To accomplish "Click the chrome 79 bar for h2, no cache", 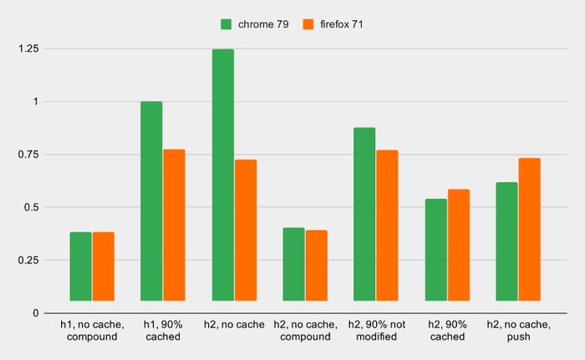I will pyautogui.click(x=223, y=175).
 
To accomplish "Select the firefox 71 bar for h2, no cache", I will pyautogui.click(x=246, y=230).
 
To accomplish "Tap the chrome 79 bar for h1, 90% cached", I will pyautogui.click(x=151, y=200).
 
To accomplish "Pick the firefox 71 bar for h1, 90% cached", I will pyautogui.click(x=174, y=225).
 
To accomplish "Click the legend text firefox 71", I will pyautogui.click(x=340, y=24).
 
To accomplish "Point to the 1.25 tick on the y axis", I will pyautogui.click(x=28, y=49).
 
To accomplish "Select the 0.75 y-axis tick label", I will pyautogui.click(x=28, y=155).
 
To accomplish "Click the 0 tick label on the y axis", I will pyautogui.click(x=34, y=313).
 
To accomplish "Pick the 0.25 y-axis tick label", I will pyautogui.click(x=28, y=261).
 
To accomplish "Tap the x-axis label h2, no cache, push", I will pyautogui.click(x=518, y=330).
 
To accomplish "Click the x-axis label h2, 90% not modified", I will pyautogui.click(x=375, y=330).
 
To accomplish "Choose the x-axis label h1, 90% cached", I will pyautogui.click(x=162, y=330).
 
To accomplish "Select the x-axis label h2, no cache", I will pyautogui.click(x=234, y=324).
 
